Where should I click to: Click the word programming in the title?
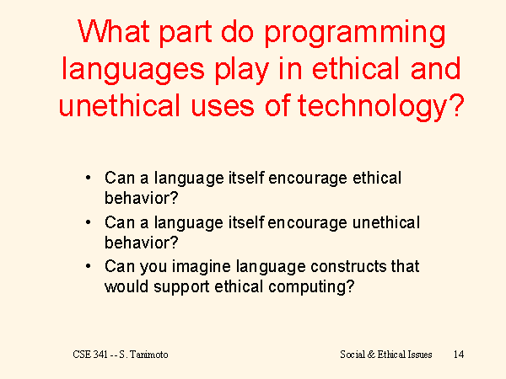pos(355,34)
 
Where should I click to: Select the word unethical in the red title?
pos(120,106)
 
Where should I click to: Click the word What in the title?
pos(114,31)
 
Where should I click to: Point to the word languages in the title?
pos(133,71)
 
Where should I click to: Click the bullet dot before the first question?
pos(88,178)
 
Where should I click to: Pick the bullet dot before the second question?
pos(88,222)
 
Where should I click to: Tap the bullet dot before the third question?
pos(88,266)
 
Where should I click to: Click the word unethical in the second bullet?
pos(386,222)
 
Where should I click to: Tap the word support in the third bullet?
pos(181,287)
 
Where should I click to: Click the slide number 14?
pos(459,355)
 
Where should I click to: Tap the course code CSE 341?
pos(90,355)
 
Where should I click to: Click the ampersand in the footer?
pos(371,355)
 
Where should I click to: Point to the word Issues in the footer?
pos(419,355)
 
